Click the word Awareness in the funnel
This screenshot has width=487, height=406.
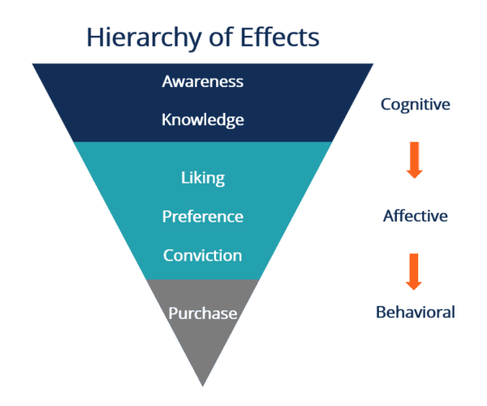pyautogui.click(x=202, y=82)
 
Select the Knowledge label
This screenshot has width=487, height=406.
pyautogui.click(x=202, y=120)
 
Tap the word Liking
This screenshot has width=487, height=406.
pyautogui.click(x=202, y=177)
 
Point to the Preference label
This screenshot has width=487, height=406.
pyautogui.click(x=202, y=217)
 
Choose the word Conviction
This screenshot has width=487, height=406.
pyautogui.click(x=202, y=255)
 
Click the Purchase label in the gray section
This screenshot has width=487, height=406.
pyautogui.click(x=202, y=313)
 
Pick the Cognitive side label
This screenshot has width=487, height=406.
pyautogui.click(x=415, y=105)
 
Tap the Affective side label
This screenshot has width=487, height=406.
pyautogui.click(x=415, y=216)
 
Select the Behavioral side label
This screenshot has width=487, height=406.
pyautogui.click(x=415, y=312)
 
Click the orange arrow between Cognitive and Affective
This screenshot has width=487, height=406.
pyautogui.click(x=414, y=159)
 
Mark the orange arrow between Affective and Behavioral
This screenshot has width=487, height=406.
pyautogui.click(x=414, y=271)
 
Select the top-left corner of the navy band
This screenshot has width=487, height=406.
pyautogui.click(x=34, y=64)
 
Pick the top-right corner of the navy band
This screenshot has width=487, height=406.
pyautogui.click(x=372, y=64)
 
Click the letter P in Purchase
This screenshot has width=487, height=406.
pyautogui.click(x=173, y=313)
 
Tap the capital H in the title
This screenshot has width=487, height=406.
pyautogui.click(x=93, y=37)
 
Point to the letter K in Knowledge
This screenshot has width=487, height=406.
pyautogui.click(x=167, y=120)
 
